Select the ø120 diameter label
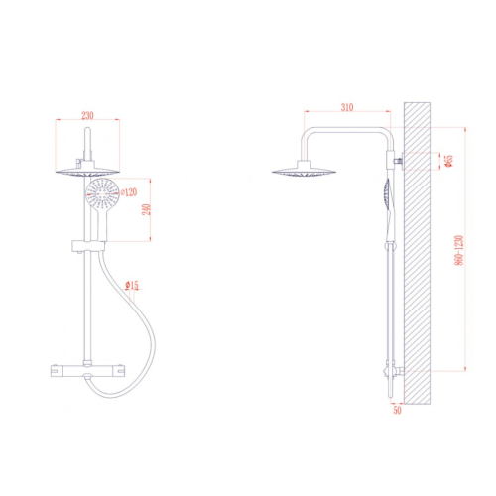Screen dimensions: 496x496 128,181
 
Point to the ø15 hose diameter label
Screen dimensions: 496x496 133,286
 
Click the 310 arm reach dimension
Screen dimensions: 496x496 345,106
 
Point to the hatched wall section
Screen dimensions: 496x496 421,248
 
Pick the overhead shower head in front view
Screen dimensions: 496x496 87,171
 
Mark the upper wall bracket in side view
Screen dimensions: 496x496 399,160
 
